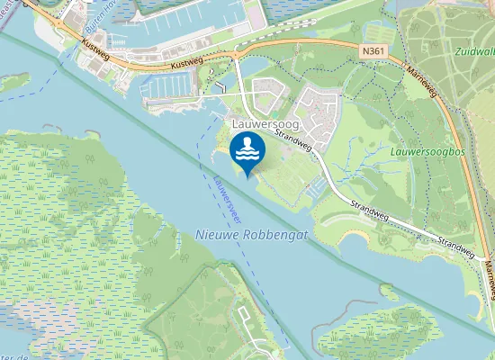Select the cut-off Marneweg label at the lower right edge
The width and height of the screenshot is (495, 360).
(x=489, y=270)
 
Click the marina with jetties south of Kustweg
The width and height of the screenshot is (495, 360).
(x=171, y=85)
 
